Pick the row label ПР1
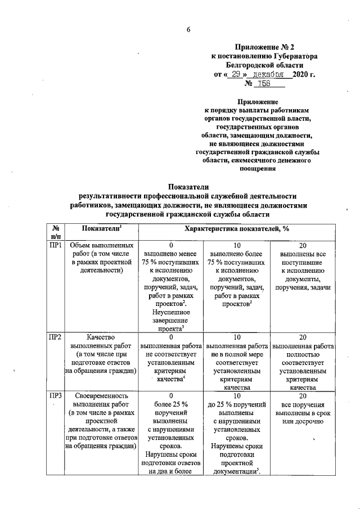55,246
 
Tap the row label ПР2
55,336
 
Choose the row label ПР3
55,396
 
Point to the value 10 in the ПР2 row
237,336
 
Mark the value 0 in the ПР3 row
170,396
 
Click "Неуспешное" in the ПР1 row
170,312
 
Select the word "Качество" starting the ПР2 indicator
101,336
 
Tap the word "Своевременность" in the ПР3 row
101,396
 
